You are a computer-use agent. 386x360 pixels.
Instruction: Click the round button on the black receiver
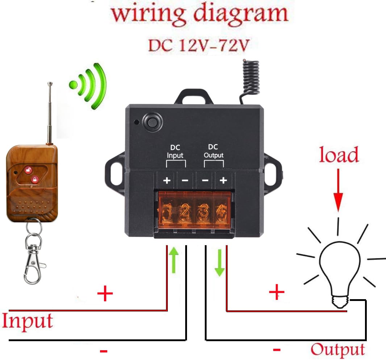(x=151, y=121)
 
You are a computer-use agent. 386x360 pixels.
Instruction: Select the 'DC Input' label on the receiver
(x=175, y=152)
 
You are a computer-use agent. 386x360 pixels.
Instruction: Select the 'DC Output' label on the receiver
(x=213, y=151)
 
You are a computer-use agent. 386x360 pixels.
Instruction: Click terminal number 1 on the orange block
(x=167, y=211)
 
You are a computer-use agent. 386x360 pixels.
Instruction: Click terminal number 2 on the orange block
(x=185, y=211)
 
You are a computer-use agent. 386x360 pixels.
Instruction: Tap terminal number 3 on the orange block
(x=204, y=211)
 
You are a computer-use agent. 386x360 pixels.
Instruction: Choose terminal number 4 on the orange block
(x=221, y=211)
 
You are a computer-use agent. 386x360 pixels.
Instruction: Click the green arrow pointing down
(x=219, y=263)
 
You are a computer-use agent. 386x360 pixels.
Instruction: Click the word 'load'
(x=339, y=155)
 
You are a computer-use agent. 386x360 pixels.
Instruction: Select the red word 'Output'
(x=338, y=349)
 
